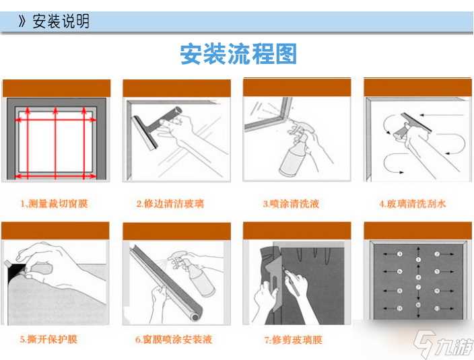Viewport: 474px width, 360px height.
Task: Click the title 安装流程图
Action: (238, 54)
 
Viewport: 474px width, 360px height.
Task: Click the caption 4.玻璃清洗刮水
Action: (413, 203)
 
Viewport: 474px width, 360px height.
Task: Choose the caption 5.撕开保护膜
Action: (48, 339)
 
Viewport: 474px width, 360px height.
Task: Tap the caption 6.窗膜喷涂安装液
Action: (174, 339)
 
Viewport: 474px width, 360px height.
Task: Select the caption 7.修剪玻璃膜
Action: (292, 339)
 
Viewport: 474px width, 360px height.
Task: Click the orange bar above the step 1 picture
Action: (55, 87)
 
